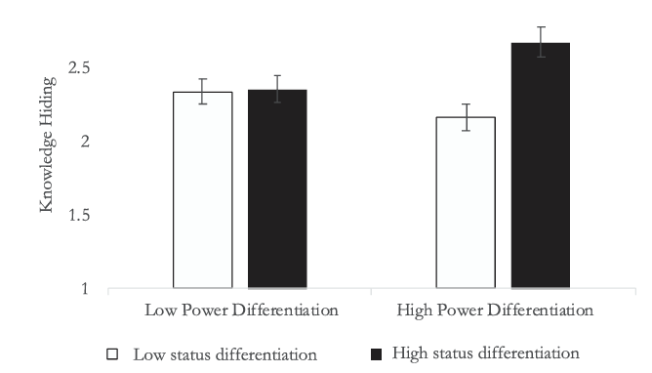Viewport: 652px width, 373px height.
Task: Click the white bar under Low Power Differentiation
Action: [202, 189]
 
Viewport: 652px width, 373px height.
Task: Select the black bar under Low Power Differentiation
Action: [277, 188]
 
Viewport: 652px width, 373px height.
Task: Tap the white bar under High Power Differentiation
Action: [466, 202]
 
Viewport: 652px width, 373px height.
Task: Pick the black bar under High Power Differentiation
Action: [541, 165]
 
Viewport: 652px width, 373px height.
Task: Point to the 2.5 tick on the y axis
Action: [79, 67]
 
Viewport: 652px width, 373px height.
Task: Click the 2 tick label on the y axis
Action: [85, 142]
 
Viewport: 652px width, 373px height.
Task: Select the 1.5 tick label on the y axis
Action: [79, 215]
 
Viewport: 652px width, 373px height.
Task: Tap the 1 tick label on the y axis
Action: [85, 289]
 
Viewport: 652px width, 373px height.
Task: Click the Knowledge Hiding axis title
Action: [48, 145]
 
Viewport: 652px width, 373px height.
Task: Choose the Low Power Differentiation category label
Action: [241, 311]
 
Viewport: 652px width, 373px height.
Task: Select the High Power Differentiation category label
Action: [495, 311]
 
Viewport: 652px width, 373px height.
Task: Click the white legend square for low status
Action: [112, 353]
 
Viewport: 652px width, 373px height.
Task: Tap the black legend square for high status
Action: [376, 354]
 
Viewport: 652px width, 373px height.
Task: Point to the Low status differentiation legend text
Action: [224, 354]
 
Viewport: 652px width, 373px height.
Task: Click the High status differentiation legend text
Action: [486, 353]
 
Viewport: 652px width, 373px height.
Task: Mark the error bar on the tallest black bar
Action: [541, 42]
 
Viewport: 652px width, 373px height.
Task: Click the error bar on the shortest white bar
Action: [467, 117]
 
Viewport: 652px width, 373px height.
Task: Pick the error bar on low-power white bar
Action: [202, 92]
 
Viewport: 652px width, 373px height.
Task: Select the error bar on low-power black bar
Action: [277, 89]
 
